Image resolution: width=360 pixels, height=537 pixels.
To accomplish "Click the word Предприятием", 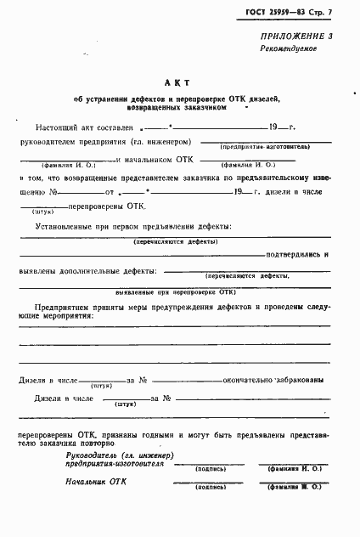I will point(69,304).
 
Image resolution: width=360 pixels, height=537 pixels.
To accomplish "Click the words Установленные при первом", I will point(83,227).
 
